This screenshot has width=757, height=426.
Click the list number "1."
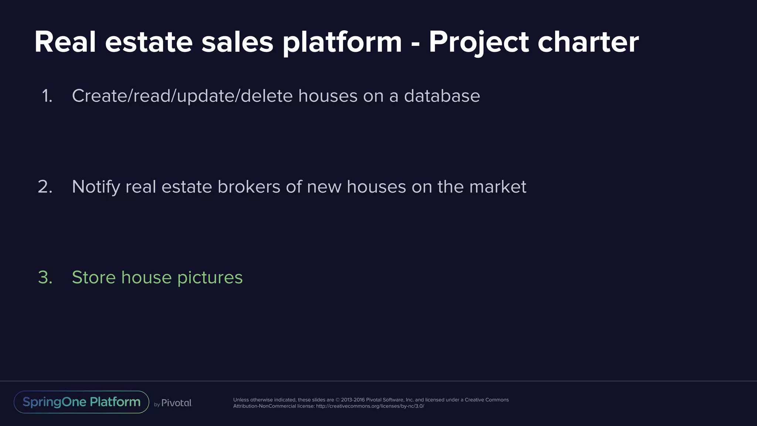pyautogui.click(x=47, y=96)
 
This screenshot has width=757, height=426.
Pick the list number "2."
pyautogui.click(x=45, y=187)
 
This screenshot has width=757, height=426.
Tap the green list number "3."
pyautogui.click(x=45, y=277)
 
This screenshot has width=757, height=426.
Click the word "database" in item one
pyautogui.click(x=442, y=96)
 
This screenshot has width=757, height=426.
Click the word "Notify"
pyautogui.click(x=96, y=187)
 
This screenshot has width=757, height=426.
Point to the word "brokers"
pyautogui.click(x=249, y=187)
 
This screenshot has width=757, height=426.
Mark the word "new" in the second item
pyautogui.click(x=324, y=187)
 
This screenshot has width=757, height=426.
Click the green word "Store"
pyautogui.click(x=94, y=277)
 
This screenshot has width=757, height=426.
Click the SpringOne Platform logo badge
pyautogui.click(x=81, y=402)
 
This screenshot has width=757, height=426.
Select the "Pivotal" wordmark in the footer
pyautogui.click(x=177, y=403)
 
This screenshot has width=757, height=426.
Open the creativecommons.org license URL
pyautogui.click(x=370, y=406)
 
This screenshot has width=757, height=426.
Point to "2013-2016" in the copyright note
pyautogui.click(x=353, y=400)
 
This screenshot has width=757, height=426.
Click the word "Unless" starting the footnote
pyautogui.click(x=241, y=400)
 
